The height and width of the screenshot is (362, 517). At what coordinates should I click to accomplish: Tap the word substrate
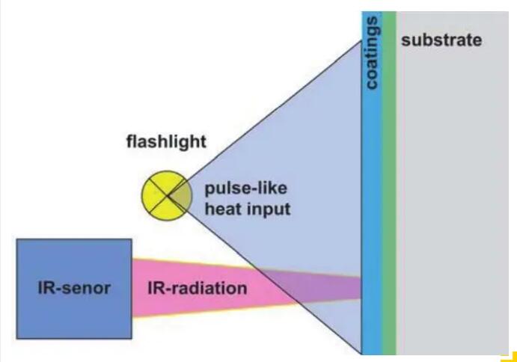tap(441, 40)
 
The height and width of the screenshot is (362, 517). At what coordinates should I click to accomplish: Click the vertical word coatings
tap(372, 52)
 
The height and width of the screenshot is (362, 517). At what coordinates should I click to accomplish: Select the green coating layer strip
tap(388, 187)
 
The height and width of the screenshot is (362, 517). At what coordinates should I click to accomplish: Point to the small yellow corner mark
tap(510, 355)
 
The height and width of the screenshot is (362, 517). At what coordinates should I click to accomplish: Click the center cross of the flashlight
tap(165, 195)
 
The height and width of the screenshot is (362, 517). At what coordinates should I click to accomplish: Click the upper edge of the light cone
tap(269, 112)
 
